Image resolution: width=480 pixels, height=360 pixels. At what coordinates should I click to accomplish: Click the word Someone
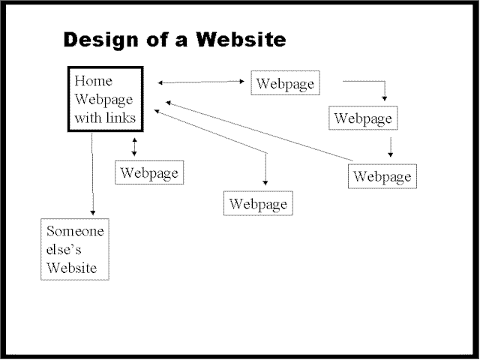[75, 231]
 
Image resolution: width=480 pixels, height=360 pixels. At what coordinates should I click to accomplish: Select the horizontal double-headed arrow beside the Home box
[202, 82]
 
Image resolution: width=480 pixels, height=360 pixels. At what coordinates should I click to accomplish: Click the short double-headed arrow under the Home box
[134, 146]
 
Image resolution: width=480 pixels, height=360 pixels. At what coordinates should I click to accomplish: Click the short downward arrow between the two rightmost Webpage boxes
[390, 146]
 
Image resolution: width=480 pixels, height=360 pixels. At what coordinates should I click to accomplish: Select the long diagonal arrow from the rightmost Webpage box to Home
[259, 131]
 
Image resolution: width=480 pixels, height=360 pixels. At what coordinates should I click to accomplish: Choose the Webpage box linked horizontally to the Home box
[285, 83]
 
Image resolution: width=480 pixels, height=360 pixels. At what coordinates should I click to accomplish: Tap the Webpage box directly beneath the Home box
[149, 172]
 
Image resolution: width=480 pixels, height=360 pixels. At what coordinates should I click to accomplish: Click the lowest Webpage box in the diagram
[258, 203]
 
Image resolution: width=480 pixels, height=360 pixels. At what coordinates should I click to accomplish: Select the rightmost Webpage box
[382, 176]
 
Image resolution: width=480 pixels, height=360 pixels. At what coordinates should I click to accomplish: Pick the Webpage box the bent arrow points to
[364, 118]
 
